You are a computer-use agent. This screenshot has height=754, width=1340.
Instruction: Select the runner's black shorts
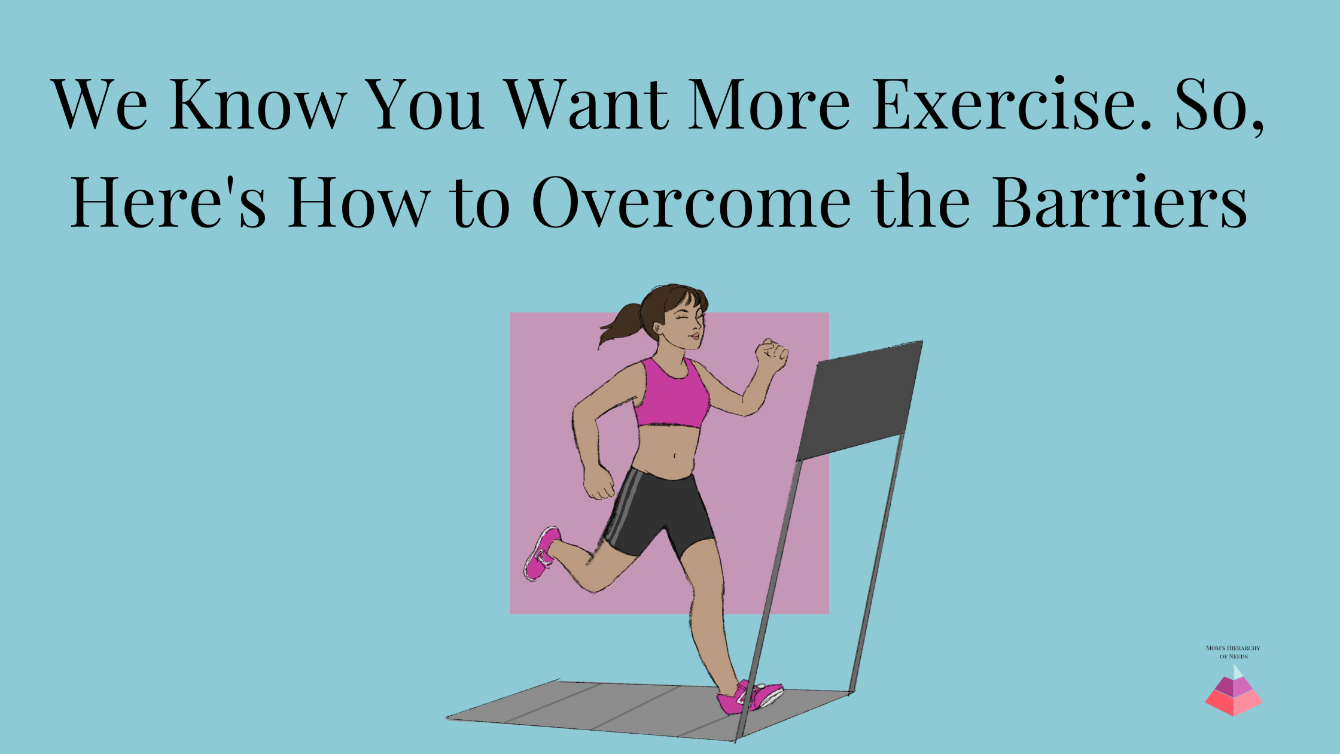coord(658,509)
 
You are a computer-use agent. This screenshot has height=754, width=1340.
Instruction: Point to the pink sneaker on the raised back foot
coord(541,554)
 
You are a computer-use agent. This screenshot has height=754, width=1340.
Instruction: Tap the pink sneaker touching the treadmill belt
coord(751,698)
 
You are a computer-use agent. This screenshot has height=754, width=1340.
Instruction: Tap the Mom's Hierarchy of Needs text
coord(1233,652)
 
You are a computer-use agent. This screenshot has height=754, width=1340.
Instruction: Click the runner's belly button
coord(675,455)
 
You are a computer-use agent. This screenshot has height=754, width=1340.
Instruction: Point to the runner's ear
coord(658,328)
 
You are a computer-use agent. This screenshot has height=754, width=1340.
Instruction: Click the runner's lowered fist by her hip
coord(599,482)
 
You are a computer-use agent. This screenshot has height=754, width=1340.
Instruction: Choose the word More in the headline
coord(768,105)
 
